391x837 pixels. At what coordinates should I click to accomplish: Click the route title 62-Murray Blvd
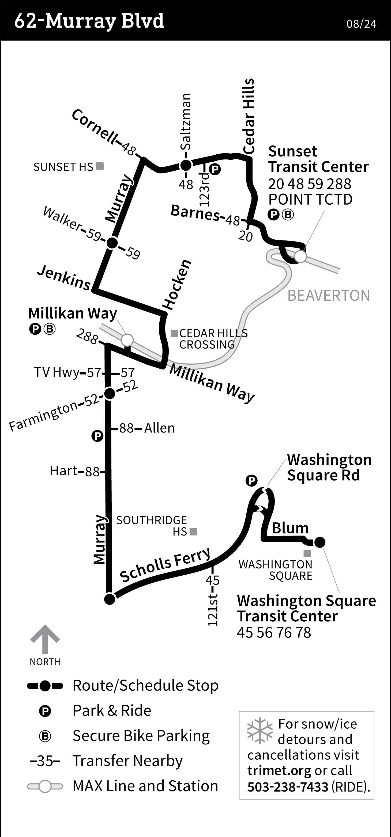[89, 21]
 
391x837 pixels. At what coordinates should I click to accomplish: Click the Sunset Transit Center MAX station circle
[300, 256]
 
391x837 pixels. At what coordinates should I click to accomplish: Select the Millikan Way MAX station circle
[127, 340]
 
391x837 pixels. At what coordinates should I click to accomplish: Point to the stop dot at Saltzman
[186, 165]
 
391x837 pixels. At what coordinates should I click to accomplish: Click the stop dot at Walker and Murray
[112, 243]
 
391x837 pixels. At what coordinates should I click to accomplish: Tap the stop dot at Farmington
[109, 394]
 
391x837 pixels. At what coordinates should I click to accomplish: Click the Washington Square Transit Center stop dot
[320, 542]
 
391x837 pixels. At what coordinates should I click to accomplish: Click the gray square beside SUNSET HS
[100, 166]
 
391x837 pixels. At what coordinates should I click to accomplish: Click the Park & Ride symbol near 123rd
[215, 169]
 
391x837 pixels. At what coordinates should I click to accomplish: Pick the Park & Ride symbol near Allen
[97, 436]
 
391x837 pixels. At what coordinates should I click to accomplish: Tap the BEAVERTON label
[329, 296]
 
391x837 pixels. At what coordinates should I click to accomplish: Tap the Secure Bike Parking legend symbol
[45, 736]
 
